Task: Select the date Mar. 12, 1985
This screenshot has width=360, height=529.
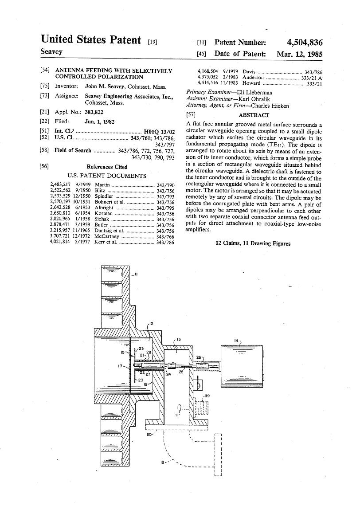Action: click(300, 54)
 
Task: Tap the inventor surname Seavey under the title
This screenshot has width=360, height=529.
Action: click(51, 51)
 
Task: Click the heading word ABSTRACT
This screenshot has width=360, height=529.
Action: click(254, 115)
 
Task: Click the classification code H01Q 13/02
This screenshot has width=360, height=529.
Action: click(159, 132)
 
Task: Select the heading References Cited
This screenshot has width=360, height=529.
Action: click(107, 167)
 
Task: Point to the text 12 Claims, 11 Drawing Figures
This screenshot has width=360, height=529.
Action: click(253, 243)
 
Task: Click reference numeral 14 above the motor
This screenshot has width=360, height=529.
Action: click(236, 341)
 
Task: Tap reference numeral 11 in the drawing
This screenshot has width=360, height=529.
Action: click(136, 274)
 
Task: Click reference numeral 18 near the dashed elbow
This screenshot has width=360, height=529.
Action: click(163, 462)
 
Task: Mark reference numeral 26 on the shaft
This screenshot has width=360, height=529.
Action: click(198, 357)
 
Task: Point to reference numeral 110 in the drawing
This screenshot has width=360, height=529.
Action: click(150, 435)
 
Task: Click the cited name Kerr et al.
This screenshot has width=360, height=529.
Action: click(106, 242)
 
